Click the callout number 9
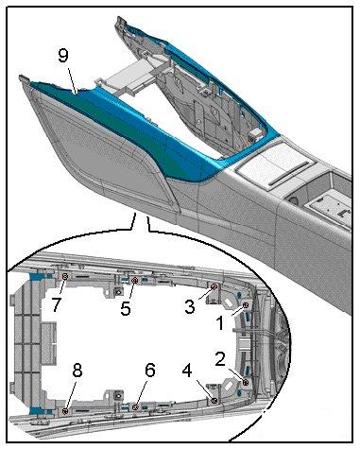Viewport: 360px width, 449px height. (63, 56)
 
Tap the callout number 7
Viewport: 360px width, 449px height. (57, 304)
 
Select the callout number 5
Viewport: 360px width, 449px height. (126, 308)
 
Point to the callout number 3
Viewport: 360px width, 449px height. (190, 306)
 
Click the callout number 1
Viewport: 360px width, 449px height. (220, 323)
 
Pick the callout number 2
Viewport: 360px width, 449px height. (220, 359)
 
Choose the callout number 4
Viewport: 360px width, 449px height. (187, 371)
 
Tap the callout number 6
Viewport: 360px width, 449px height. (150, 371)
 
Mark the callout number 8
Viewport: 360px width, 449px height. (77, 371)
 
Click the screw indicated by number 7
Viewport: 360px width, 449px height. (65, 277)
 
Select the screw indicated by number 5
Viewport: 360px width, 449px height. (135, 280)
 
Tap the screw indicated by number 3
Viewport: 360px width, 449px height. (214, 286)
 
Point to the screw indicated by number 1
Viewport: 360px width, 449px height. (246, 305)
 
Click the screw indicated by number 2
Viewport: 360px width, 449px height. (246, 383)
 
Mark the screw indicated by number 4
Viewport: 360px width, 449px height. (214, 401)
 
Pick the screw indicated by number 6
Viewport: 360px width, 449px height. (135, 407)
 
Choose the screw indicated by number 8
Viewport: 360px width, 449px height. (65, 411)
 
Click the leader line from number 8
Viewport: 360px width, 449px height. (71, 394)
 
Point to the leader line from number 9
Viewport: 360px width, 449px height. (72, 78)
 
